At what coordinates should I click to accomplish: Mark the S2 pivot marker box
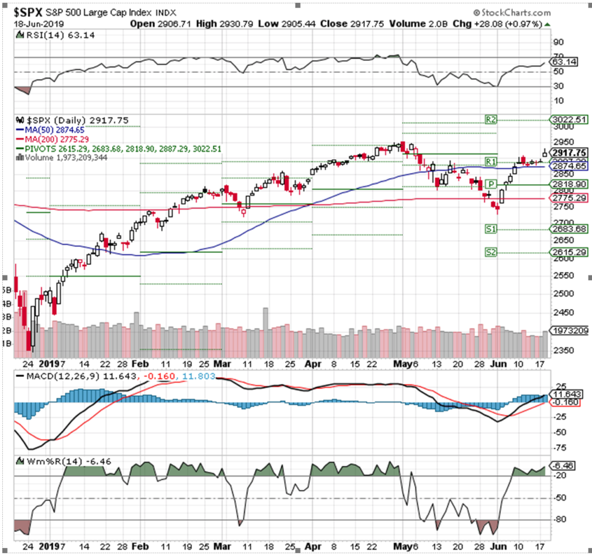point(490,252)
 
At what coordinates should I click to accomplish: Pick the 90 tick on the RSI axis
point(558,42)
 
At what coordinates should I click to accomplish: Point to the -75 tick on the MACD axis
point(559,447)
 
